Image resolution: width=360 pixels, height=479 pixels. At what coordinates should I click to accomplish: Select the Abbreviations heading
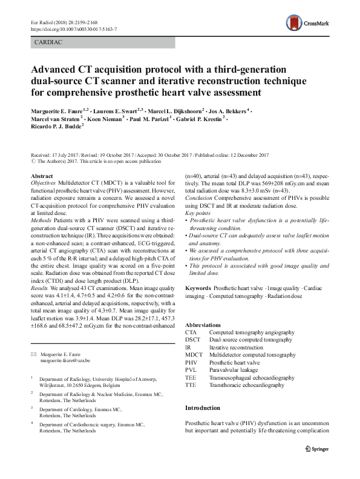pos(206,325)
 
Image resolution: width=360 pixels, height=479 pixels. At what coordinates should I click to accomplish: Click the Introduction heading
pos(205,409)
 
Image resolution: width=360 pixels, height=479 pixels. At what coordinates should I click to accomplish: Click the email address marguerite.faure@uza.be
pos(64,360)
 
